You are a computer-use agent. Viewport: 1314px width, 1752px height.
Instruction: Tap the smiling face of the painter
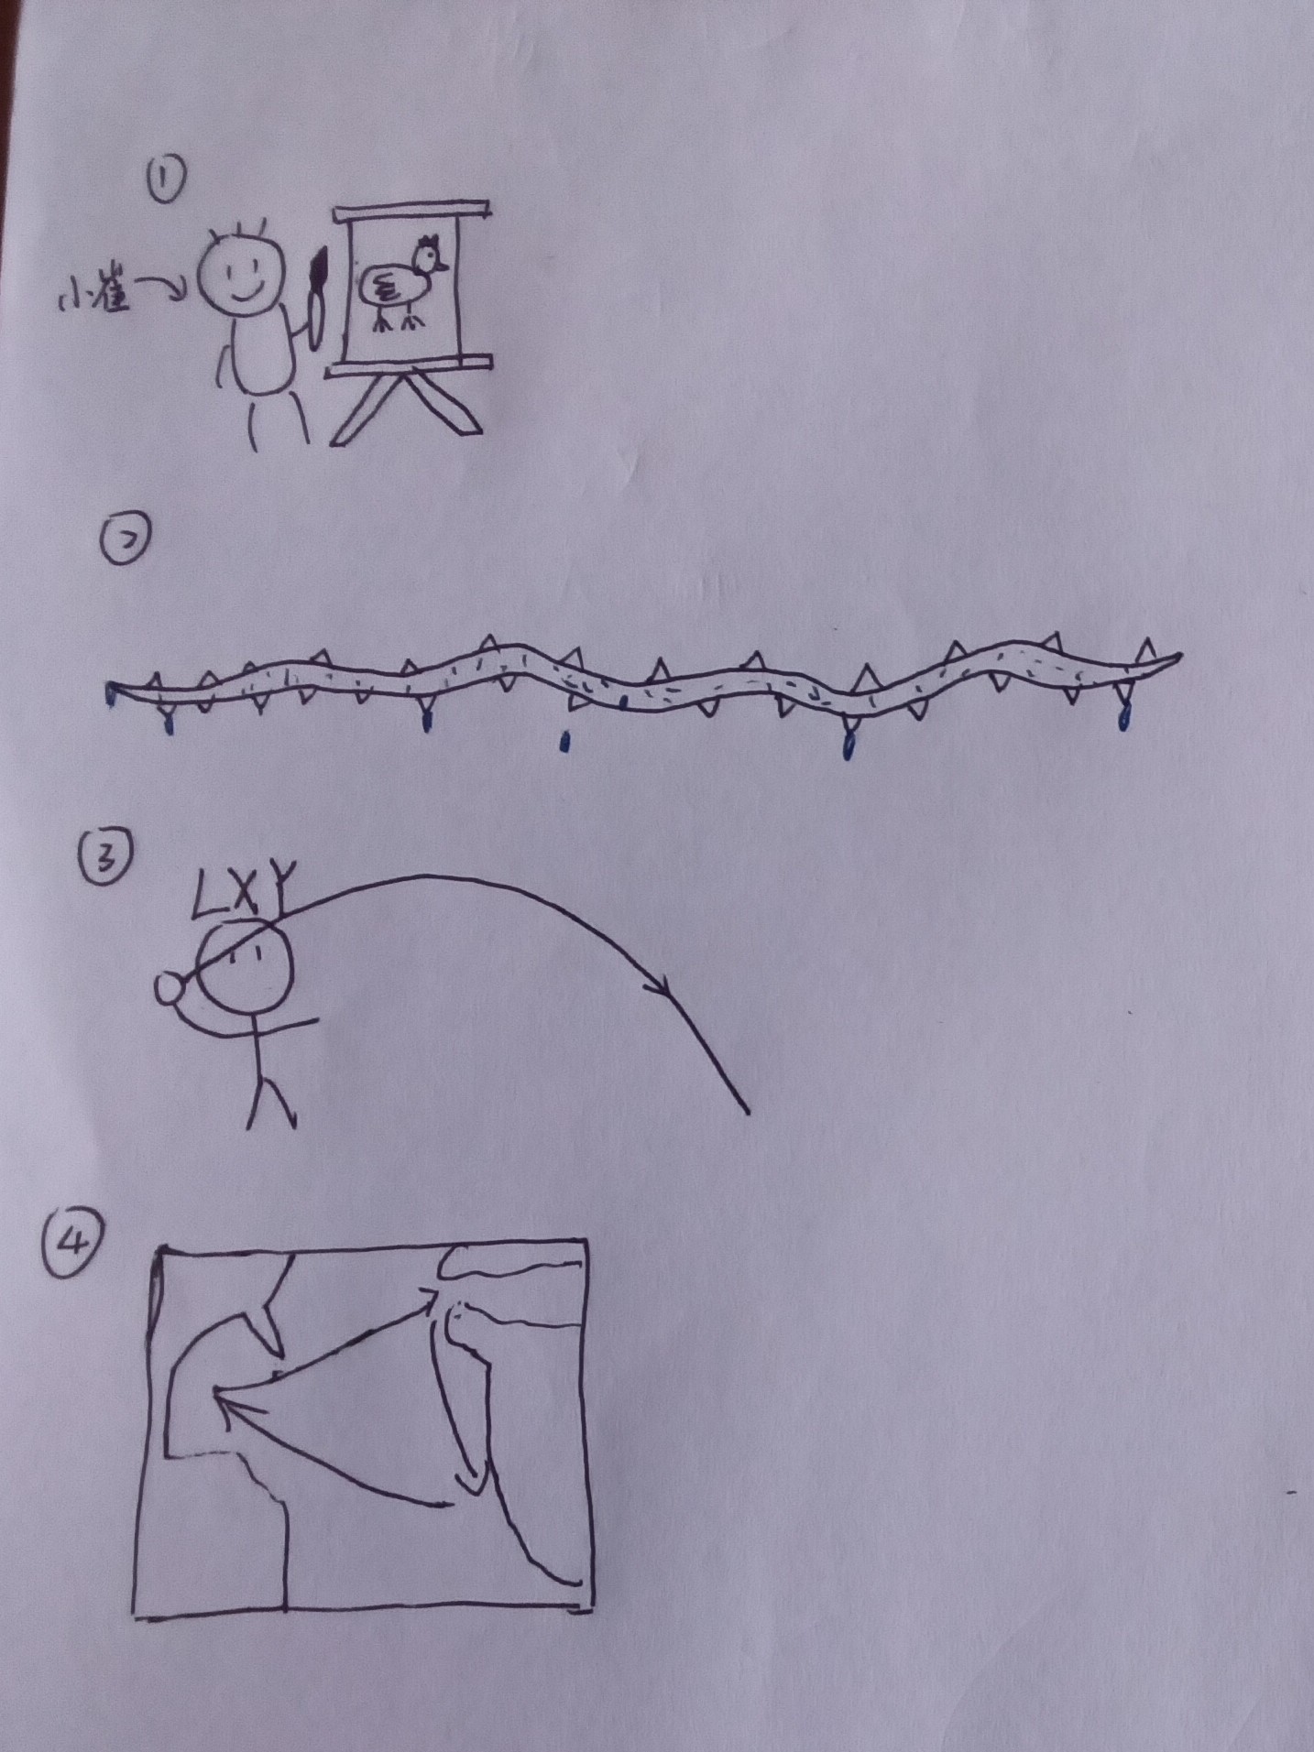238,269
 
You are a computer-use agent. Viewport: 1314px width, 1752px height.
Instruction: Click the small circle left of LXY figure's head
170,991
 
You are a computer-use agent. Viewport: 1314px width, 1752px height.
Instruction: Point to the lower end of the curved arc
748,1113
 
